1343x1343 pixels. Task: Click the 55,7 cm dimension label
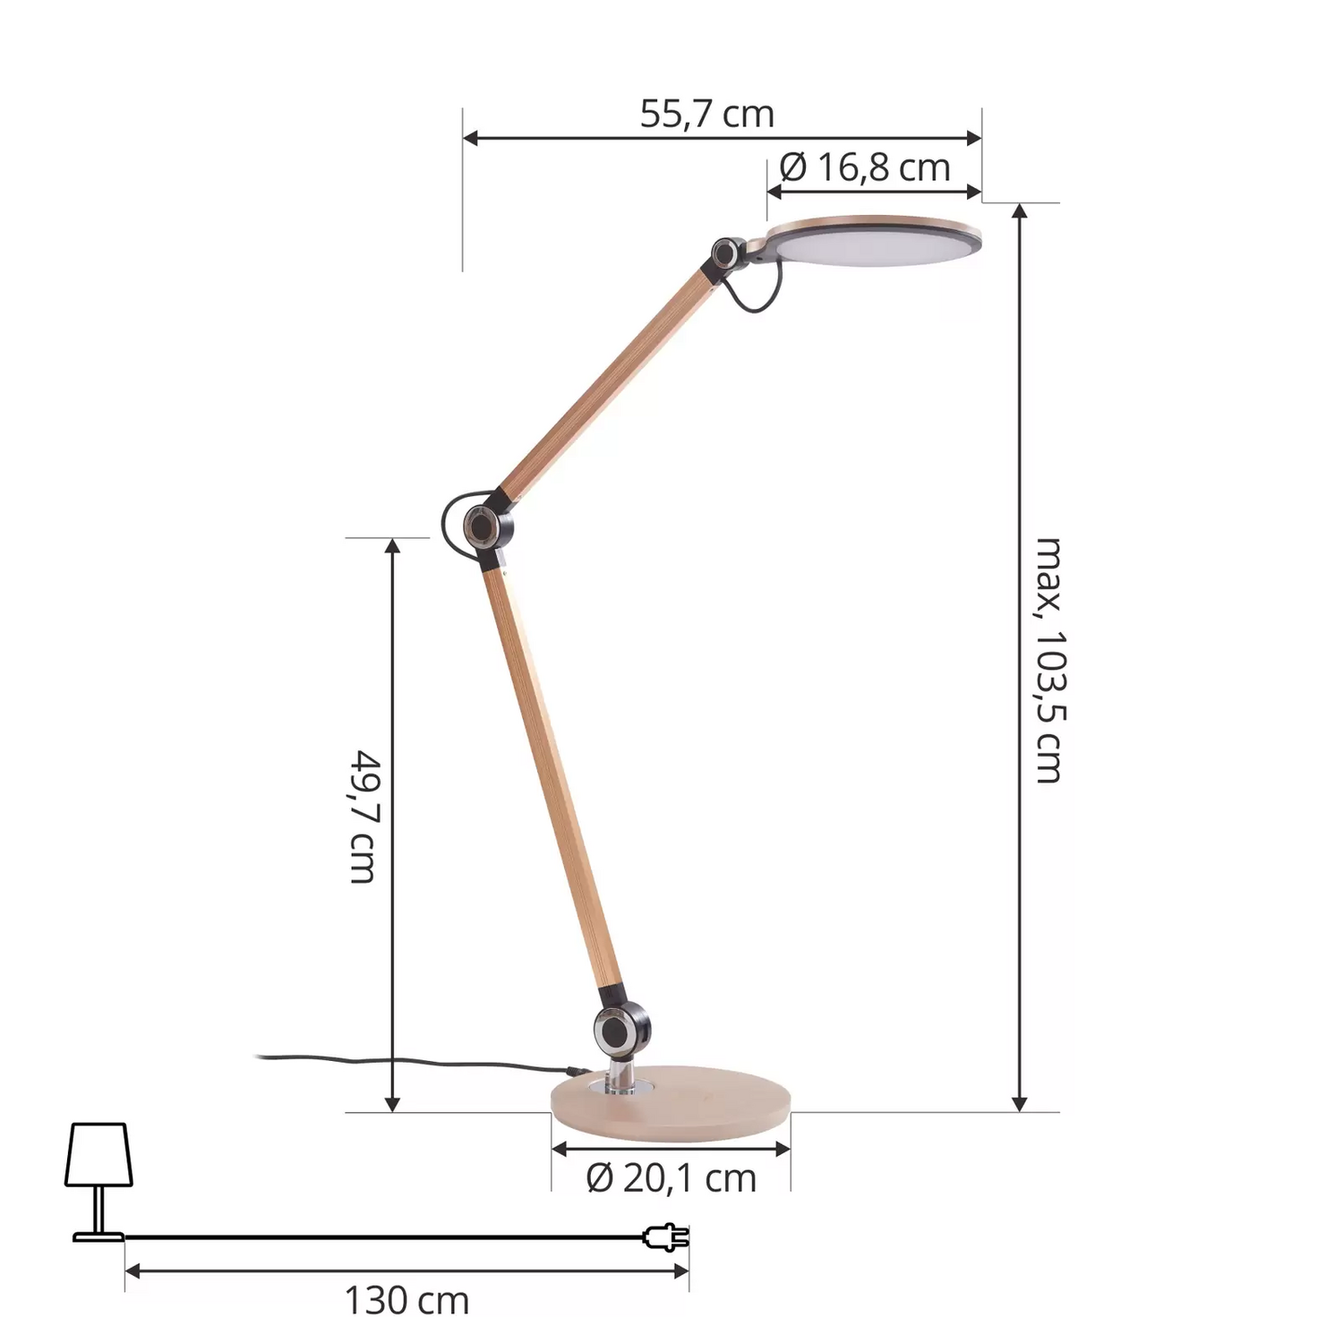706,115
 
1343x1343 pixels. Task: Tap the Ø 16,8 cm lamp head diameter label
864,167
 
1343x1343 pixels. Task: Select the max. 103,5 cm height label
1048,661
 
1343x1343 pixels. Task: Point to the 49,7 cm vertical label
364,817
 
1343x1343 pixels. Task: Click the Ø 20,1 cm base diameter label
671,1178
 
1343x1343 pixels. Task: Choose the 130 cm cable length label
406,1300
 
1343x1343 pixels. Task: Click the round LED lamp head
874,240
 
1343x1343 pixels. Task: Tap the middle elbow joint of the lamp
480,525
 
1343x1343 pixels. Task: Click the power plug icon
666,1237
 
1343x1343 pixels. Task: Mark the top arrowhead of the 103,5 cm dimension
1019,211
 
